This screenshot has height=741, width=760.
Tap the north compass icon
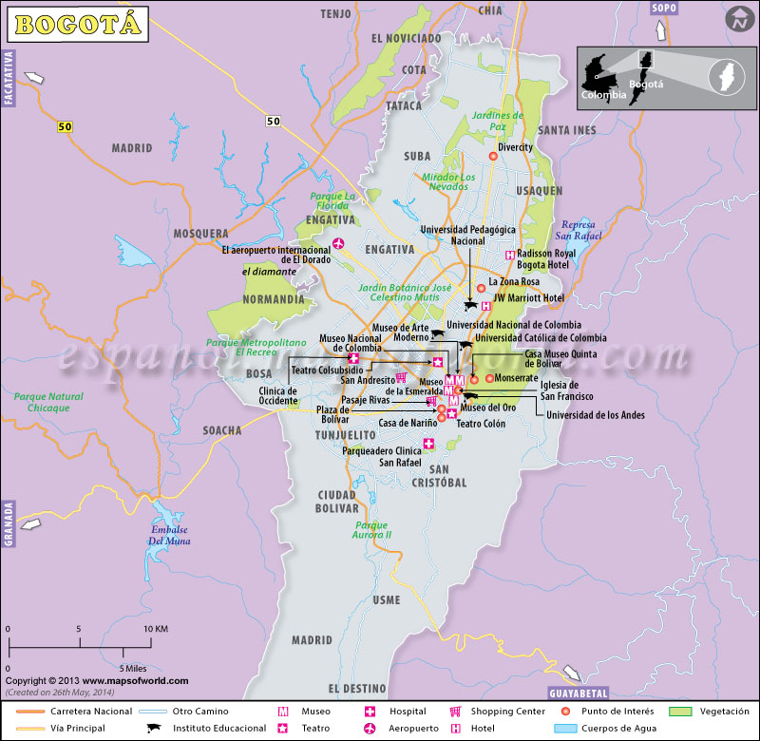[x=738, y=18]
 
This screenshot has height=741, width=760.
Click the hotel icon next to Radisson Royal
[x=510, y=255]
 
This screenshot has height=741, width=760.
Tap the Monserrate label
[x=517, y=378]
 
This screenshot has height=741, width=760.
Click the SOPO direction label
[x=664, y=8]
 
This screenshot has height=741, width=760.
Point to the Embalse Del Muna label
[x=168, y=535]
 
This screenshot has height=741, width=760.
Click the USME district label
[x=386, y=600]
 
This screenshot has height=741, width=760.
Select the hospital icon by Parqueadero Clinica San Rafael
[x=428, y=444]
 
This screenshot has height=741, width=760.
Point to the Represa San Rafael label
[x=577, y=229]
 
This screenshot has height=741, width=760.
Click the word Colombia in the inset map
[x=603, y=95]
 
